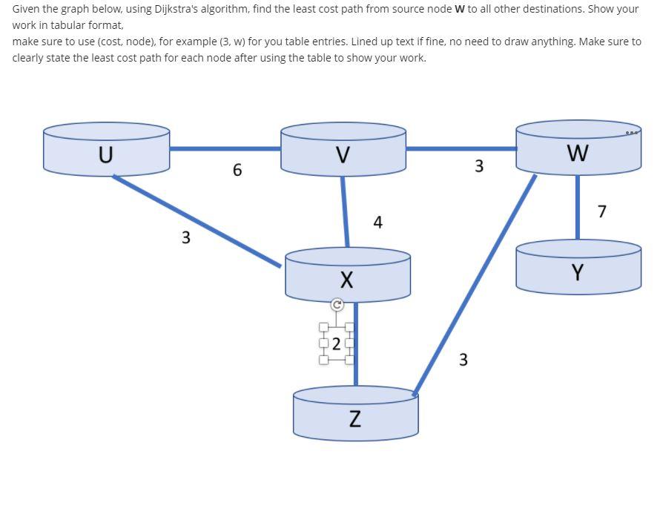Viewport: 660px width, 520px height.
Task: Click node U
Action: click(x=106, y=154)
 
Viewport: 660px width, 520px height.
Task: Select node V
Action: click(x=342, y=154)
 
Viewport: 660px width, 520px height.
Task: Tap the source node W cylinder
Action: click(x=578, y=152)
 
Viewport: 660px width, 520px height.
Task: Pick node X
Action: click(x=346, y=280)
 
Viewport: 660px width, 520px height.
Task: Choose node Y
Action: click(x=578, y=272)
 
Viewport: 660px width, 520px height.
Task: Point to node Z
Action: click(x=355, y=418)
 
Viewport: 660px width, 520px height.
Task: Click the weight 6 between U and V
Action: click(x=237, y=170)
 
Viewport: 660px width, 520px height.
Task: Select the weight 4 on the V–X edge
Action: click(x=378, y=222)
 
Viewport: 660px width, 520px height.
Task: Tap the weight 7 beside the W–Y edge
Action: click(x=601, y=211)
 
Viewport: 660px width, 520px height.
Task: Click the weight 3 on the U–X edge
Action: click(x=185, y=237)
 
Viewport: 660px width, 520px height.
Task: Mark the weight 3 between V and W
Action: click(x=479, y=165)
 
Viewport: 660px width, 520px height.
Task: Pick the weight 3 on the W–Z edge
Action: click(x=463, y=360)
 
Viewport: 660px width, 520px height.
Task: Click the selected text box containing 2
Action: click(x=337, y=343)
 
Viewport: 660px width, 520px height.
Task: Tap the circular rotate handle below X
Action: click(x=337, y=305)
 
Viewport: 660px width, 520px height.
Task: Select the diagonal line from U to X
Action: click(x=197, y=220)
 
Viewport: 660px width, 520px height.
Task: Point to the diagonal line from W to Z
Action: click(x=475, y=282)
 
